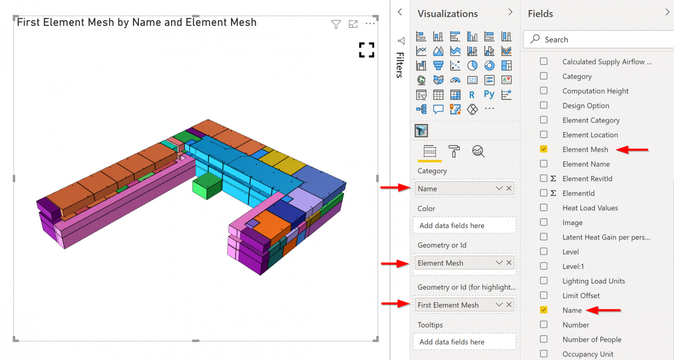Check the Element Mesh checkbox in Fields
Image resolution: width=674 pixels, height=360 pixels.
(544, 149)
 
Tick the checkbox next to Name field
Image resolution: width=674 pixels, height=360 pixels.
(544, 310)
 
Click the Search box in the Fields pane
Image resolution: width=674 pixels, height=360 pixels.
(598, 40)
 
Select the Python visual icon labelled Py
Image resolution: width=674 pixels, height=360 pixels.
(489, 94)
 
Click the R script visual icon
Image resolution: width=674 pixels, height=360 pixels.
(472, 95)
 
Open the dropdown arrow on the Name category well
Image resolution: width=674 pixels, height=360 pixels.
(499, 188)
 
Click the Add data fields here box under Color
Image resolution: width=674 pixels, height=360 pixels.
(464, 226)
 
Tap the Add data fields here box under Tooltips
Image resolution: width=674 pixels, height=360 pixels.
(464, 342)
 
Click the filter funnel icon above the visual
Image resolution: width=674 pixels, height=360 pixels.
(336, 24)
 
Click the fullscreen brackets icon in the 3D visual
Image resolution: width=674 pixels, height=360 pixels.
(366, 50)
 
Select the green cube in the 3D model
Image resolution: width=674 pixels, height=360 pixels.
(207, 185)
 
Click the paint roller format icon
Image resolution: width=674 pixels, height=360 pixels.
(454, 151)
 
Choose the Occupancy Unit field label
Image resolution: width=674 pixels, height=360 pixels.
(588, 354)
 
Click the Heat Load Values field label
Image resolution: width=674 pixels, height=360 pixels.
(590, 208)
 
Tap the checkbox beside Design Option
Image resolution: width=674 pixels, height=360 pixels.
(544, 105)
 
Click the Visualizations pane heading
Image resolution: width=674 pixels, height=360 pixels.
(447, 14)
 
